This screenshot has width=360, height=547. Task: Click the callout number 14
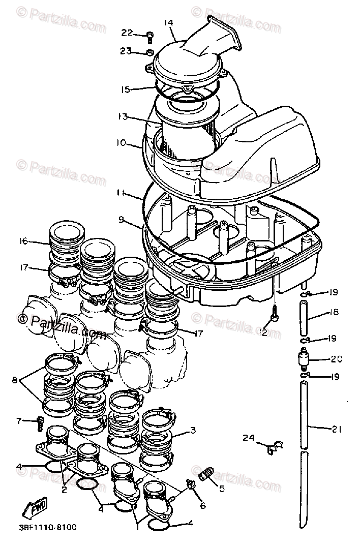(169, 23)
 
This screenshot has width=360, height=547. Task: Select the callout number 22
(127, 33)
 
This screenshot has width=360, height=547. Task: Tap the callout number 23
(126, 50)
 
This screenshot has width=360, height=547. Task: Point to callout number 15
(126, 89)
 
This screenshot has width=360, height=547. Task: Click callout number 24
(249, 437)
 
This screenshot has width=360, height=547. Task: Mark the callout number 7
(19, 420)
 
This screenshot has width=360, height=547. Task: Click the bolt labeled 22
(148, 36)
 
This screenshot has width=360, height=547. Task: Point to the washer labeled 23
(149, 52)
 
